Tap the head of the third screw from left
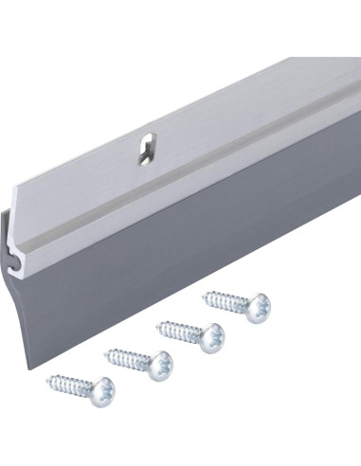210,335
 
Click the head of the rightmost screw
257,307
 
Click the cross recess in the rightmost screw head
259,307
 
